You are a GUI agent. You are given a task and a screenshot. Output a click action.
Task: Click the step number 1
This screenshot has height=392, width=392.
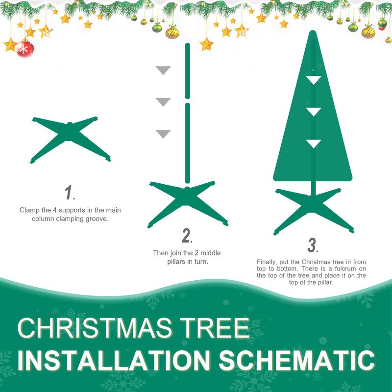pos(70,193)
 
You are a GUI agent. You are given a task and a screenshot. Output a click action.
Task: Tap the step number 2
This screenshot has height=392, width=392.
pos(187,236)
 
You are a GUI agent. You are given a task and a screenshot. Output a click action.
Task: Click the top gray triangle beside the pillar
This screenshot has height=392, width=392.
pos(163,70)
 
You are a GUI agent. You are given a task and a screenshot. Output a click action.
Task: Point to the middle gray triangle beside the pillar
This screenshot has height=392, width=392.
pos(163,101)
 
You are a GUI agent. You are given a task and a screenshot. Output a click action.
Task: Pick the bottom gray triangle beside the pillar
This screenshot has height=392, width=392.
pos(163,133)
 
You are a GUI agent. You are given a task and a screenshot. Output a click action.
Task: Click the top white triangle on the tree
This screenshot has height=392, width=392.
pos(314,80)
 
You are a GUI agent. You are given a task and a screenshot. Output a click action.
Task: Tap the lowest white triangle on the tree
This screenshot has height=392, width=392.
pos(314,143)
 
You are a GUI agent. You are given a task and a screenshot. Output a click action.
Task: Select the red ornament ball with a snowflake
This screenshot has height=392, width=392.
pos(24,49)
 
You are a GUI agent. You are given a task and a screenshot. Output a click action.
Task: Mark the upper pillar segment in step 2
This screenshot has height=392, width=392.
pos(187,71)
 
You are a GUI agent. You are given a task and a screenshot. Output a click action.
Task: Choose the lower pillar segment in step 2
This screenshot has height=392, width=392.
pos(187,142)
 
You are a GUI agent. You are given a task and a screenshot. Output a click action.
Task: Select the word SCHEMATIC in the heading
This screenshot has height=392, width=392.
pos(296,360)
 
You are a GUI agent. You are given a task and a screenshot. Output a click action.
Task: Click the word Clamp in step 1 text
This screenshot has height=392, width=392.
pos(29,210)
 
